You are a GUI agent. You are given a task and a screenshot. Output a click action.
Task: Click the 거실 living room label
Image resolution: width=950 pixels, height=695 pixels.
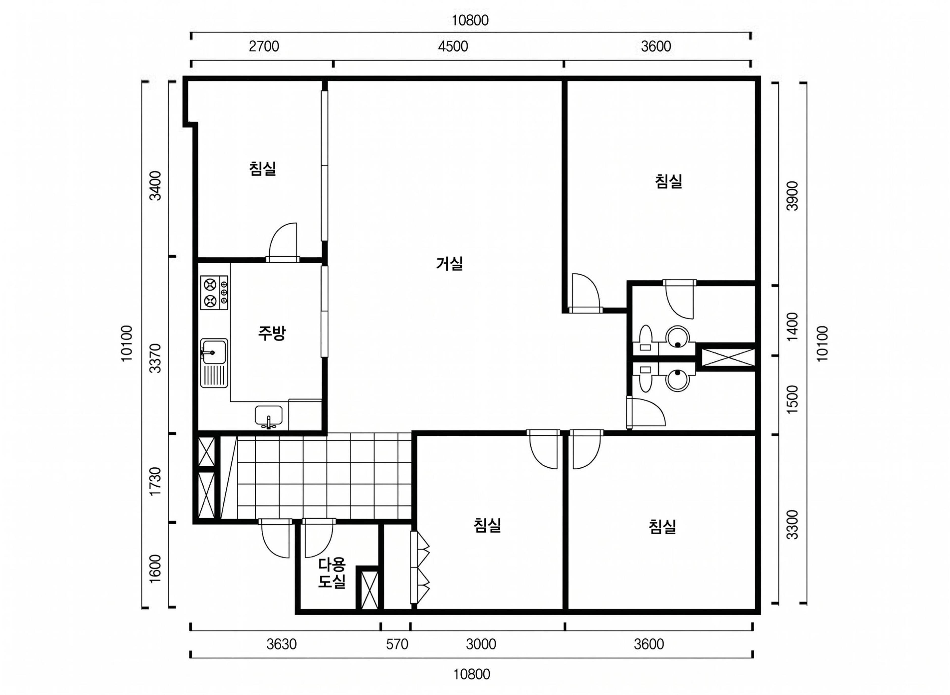450,264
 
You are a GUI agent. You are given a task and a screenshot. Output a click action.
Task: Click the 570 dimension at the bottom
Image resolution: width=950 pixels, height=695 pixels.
397,644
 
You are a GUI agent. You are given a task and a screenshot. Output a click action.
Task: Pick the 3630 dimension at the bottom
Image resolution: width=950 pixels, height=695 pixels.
282,644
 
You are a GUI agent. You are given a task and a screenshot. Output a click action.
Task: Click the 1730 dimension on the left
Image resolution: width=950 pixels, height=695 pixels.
155,482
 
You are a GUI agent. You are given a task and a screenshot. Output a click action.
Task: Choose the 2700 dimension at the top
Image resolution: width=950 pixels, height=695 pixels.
264,46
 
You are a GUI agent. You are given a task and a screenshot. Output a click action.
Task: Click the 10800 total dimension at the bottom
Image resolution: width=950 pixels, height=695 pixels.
472,674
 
